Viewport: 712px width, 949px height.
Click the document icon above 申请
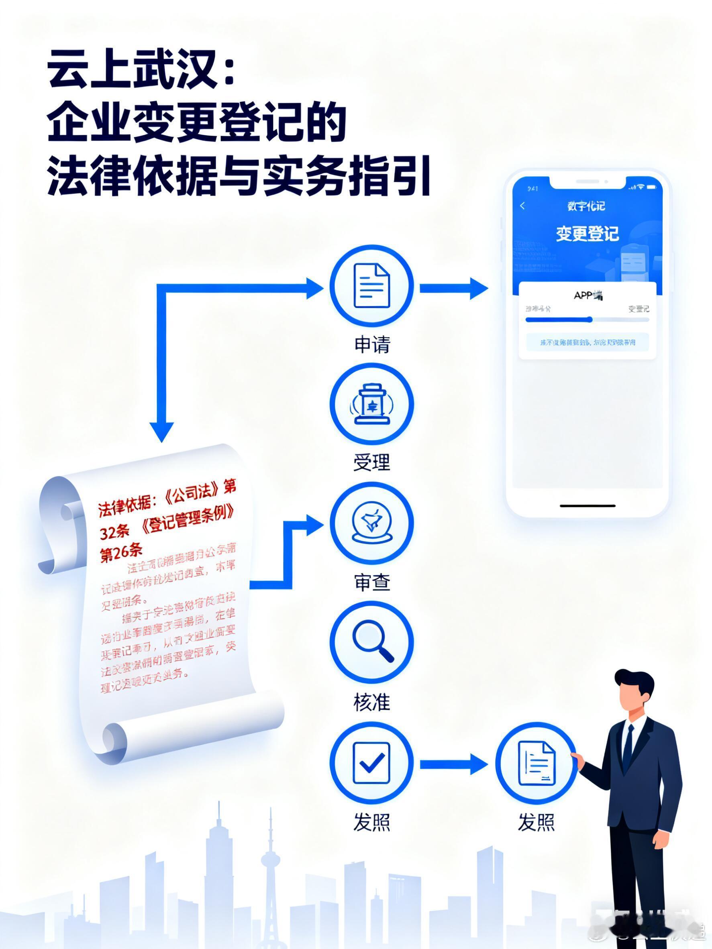coord(371,286)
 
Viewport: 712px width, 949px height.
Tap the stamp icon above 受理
coord(371,404)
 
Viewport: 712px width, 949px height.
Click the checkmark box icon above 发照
coord(371,763)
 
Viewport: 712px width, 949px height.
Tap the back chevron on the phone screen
coord(522,206)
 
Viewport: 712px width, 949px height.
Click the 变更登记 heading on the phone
coord(587,234)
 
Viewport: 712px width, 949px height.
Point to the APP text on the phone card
coord(583,295)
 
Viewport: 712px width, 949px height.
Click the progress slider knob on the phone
coord(590,319)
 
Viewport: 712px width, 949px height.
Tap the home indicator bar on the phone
coord(587,506)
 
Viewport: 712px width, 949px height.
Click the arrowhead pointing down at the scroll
coord(162,431)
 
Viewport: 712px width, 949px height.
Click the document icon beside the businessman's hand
coord(536,763)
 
